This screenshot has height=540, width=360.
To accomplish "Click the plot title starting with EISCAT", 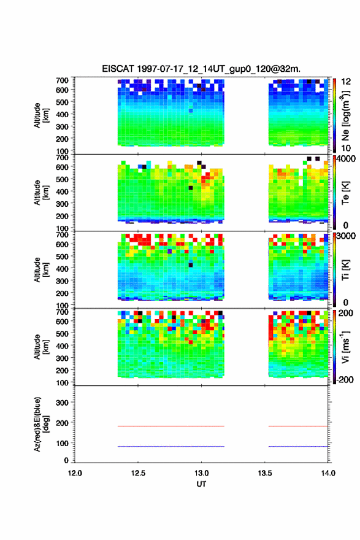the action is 201,69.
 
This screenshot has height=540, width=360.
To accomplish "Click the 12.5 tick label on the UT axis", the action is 138,473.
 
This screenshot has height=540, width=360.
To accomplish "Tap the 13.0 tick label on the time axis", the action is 201,473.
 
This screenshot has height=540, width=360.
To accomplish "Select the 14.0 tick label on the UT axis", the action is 328,473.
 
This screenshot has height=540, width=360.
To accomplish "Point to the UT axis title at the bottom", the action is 201,484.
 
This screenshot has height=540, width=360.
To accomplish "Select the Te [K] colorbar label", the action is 345,193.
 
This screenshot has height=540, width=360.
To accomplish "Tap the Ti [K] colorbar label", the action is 345,270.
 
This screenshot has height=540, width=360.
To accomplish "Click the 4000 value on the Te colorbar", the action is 346,160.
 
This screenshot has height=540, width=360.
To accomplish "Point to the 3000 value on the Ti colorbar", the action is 346,236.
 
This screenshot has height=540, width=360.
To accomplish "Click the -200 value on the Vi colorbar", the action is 345,379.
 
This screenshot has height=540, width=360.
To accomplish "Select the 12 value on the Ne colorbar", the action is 346,82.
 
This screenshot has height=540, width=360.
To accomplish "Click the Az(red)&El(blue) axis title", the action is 41,424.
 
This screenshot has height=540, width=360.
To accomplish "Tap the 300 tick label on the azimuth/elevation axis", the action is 63,403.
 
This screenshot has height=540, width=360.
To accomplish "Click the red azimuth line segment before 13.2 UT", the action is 171,426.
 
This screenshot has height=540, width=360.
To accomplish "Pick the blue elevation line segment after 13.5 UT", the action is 298,446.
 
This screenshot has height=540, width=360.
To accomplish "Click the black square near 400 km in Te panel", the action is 191,188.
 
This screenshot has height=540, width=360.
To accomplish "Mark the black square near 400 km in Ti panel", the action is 191,265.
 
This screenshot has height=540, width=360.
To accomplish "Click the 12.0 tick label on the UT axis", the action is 75,473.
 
